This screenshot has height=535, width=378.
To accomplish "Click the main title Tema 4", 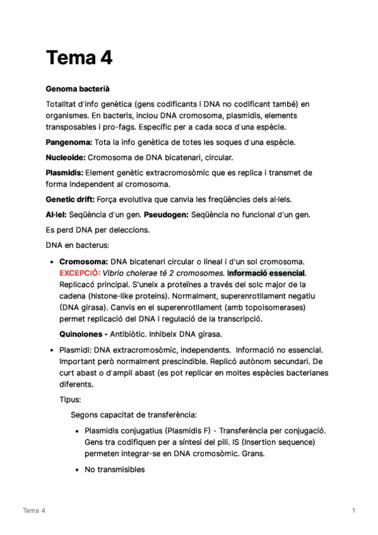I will pos(79,59).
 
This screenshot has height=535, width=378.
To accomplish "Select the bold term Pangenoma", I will pos(69,143).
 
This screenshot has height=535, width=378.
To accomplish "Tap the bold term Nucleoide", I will pos(66,158).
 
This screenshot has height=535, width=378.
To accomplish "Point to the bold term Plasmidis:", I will pos(64,173).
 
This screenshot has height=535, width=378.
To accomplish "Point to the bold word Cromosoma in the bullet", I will pos(83,261).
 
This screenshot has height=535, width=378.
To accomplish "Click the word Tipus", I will pos(70,400).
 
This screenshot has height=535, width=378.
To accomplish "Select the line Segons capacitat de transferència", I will pos(134,414).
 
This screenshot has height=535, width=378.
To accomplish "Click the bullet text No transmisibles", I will pos(114,469).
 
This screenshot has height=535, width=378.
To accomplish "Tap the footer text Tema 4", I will pos(34,510).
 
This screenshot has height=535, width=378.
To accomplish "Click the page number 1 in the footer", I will pos(354,510).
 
